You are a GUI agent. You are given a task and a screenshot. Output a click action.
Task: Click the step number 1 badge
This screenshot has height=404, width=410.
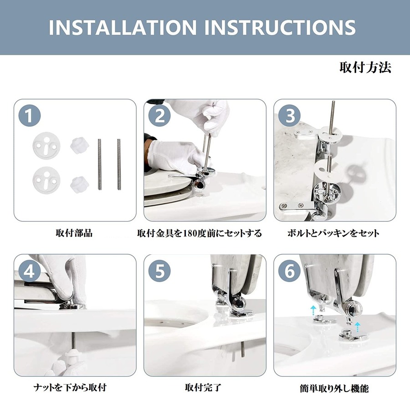pyautogui.click(x=30, y=116)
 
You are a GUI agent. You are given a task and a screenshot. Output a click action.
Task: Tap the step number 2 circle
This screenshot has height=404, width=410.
pyautogui.click(x=159, y=116)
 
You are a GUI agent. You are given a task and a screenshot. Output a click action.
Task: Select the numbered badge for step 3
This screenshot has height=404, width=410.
pyautogui.click(x=289, y=116)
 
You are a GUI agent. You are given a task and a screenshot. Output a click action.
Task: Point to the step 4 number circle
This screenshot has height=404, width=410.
pyautogui.click(x=30, y=271)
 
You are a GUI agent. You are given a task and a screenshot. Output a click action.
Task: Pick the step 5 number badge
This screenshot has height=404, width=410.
pyautogui.click(x=159, y=271)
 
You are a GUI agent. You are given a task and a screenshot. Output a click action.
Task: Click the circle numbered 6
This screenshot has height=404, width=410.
pyautogui.click(x=289, y=271)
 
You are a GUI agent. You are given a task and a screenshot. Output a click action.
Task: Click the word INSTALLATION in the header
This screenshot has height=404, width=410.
pyautogui.click(x=123, y=27)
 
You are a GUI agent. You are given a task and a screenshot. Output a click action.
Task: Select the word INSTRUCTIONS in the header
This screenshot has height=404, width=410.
pyautogui.click(x=280, y=27)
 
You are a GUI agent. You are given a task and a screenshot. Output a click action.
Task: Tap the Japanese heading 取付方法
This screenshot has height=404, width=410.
pyautogui.click(x=365, y=67)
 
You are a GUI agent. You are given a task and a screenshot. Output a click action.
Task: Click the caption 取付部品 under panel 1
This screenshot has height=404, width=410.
pyautogui.click(x=74, y=233)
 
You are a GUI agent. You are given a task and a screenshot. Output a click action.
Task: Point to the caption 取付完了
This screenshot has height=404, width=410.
pyautogui.click(x=203, y=387)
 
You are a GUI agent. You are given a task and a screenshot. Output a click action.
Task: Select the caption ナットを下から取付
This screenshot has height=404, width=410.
pyautogui.click(x=70, y=387)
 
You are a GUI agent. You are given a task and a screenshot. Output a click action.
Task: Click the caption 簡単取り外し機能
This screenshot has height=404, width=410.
pyautogui.click(x=334, y=389)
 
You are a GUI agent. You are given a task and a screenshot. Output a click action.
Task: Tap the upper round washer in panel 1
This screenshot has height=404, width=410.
pyautogui.click(x=46, y=146)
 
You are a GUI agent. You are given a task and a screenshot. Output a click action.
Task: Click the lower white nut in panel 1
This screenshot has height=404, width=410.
pyautogui.click(x=79, y=185)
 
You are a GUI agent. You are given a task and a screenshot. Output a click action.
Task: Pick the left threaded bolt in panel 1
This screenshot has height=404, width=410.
pyautogui.click(x=99, y=164)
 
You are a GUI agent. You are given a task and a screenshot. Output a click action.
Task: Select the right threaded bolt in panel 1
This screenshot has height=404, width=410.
pyautogui.click(x=119, y=164)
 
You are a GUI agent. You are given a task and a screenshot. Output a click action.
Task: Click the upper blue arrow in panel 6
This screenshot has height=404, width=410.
pyautogui.click(x=313, y=311)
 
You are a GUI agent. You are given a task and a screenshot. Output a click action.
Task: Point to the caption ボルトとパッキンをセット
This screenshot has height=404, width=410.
pyautogui.click(x=333, y=233)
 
